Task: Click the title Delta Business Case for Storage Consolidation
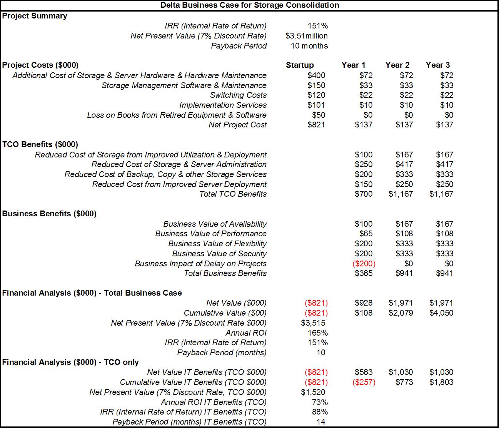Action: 250,5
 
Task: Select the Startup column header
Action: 300,65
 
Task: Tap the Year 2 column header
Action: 397,65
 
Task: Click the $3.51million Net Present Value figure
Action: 307,36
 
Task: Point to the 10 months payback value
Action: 309,46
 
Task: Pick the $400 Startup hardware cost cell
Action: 316,75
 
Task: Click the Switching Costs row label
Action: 238,95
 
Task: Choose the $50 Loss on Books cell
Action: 318,115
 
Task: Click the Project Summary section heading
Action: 35,16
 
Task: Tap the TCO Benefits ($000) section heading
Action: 40,144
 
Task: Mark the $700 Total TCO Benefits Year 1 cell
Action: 364,194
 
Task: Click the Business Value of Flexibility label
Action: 217,244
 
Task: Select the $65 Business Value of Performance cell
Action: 366,234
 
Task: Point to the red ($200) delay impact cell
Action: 364,264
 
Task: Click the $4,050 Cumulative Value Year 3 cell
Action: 441,313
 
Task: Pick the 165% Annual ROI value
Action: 318,333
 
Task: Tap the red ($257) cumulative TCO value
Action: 364,382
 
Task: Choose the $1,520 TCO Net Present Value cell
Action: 313,392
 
